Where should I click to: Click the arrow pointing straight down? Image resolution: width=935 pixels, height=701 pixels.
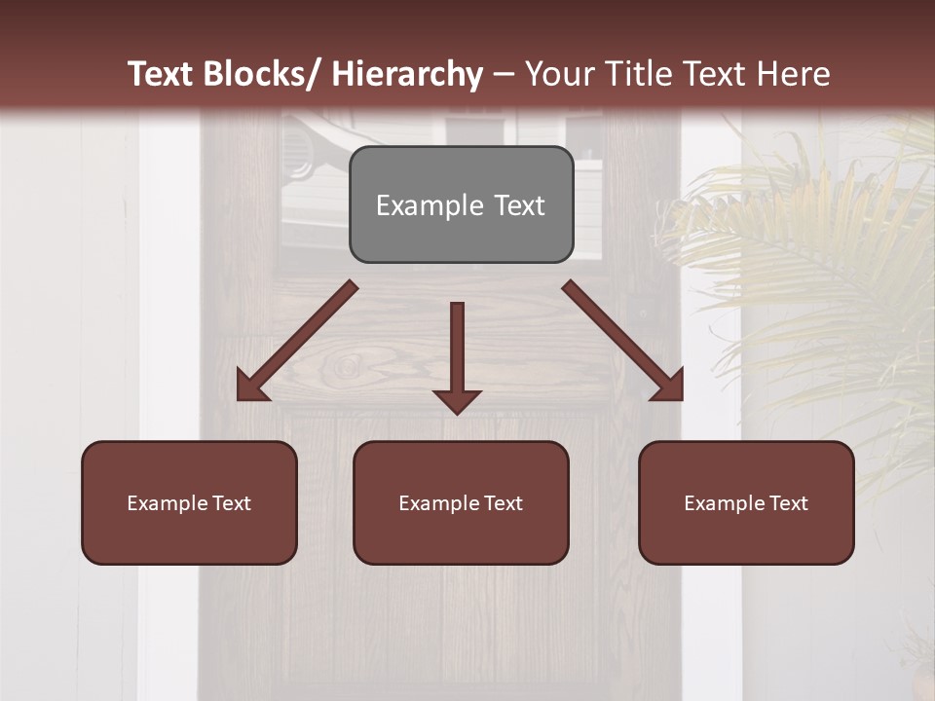457,356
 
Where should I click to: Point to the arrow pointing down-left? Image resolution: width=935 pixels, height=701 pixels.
297,341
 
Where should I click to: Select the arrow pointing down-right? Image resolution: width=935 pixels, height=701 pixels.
622,341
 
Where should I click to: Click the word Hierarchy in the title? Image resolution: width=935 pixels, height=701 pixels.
407,74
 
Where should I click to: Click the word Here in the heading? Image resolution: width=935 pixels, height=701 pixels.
796,74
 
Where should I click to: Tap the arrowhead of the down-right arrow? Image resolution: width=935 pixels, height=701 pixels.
670,388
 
